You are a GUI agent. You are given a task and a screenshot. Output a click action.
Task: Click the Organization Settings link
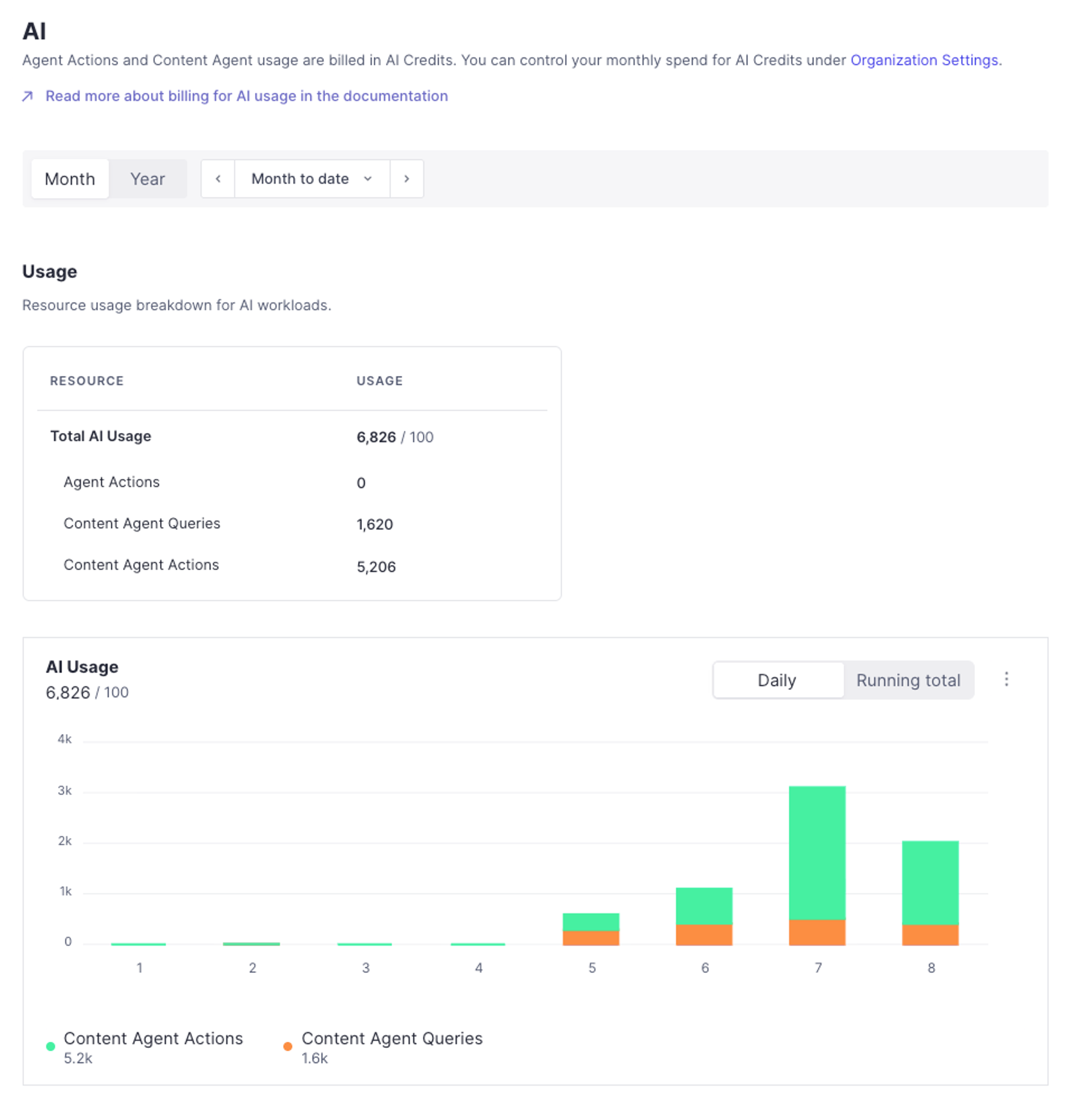coord(924,60)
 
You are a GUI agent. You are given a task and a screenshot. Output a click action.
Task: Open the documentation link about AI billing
coord(247,96)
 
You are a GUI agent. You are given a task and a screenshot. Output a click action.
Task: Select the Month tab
coord(69,179)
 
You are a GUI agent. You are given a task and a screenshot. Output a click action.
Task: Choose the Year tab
coord(147,179)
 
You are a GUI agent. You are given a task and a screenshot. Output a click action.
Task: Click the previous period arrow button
coord(218,179)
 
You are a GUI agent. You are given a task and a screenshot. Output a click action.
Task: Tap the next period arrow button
coord(406,179)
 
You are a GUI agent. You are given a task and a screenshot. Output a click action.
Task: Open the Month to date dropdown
coord(311,179)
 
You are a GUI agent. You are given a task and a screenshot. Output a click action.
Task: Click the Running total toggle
coord(908,680)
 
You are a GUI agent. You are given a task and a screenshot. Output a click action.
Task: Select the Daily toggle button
coord(777,680)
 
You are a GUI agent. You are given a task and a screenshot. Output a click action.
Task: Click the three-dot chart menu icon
coord(1006,679)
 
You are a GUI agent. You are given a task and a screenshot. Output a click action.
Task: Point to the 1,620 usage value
coord(374,524)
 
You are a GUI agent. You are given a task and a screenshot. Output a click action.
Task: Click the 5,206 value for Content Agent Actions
coord(376,567)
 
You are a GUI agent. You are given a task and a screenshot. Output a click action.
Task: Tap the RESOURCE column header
coord(87,381)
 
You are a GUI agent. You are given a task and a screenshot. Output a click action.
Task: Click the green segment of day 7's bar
coord(817,852)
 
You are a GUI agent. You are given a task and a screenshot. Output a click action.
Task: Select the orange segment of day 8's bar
coord(930,935)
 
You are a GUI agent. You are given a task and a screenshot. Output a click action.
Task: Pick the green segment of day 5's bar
coord(590,921)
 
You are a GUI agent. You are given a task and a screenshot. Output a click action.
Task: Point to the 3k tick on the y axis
coord(64,791)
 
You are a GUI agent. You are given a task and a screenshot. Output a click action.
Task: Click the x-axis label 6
coord(705,968)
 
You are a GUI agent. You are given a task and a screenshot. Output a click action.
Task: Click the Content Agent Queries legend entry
coord(391,1038)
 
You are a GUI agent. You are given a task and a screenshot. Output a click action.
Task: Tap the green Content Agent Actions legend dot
coord(51,1047)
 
